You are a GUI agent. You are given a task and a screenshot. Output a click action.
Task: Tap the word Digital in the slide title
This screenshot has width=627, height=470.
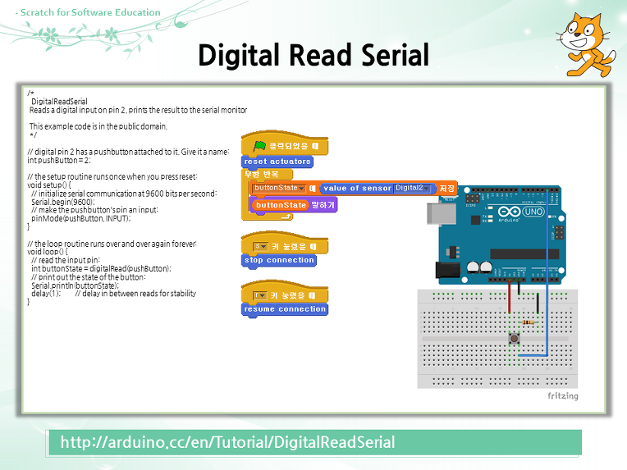click(238, 56)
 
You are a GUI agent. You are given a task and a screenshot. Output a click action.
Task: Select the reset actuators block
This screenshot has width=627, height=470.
click(277, 162)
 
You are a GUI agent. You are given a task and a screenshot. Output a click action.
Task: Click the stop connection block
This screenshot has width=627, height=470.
click(279, 260)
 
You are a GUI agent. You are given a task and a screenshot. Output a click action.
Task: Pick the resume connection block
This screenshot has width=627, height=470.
click(284, 309)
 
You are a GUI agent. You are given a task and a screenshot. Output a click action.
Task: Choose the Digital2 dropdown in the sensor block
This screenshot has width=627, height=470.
click(412, 188)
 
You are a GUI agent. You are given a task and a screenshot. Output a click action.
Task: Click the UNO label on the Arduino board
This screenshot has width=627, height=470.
click(533, 212)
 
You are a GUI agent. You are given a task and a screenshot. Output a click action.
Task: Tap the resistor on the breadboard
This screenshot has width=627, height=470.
click(530, 322)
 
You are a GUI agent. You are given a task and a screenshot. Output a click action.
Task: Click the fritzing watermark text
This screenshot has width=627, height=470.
click(562, 396)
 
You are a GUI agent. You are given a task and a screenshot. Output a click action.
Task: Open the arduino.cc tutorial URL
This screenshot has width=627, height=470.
click(228, 442)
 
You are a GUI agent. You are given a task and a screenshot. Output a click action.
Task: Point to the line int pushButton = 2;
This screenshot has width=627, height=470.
click(58, 160)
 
